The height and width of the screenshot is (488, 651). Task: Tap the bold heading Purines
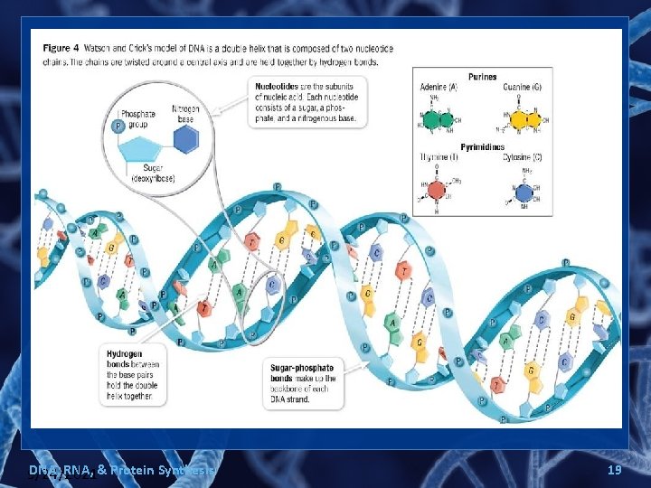tap(482, 77)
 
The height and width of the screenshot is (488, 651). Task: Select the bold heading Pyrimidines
tap(482, 146)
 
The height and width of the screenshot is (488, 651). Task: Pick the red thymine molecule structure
tap(438, 189)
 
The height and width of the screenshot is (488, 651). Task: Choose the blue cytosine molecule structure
tap(524, 192)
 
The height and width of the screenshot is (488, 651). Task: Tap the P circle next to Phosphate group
tap(117, 127)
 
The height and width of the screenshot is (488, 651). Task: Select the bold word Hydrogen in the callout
tap(125, 355)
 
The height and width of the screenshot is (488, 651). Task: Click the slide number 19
tap(614, 470)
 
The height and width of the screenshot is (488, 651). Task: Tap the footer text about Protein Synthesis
tap(122, 470)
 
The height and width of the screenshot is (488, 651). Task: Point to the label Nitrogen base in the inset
tap(184, 113)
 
